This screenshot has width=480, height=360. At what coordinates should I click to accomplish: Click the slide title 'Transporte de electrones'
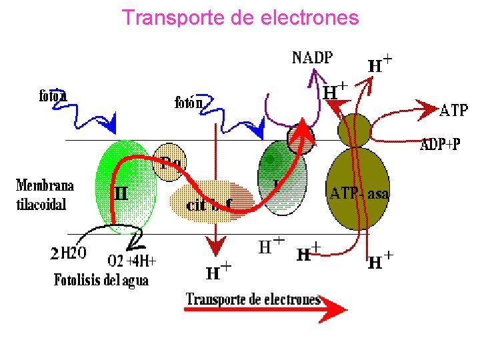(240, 18)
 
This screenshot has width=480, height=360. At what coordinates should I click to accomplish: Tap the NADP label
(312, 57)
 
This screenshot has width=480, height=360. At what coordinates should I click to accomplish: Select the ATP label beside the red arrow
(454, 111)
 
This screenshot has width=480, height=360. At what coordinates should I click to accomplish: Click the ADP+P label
(439, 144)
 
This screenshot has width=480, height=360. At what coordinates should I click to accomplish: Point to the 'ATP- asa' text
(359, 193)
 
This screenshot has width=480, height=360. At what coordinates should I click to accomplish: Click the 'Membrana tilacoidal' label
(43, 195)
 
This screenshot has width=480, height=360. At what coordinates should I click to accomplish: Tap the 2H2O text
(69, 253)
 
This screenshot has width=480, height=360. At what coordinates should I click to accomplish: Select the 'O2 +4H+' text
(132, 259)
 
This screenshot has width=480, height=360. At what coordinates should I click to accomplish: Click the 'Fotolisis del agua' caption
(101, 280)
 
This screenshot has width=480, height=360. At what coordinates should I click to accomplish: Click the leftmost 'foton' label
(53, 95)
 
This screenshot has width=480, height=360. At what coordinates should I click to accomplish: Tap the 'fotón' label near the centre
(188, 103)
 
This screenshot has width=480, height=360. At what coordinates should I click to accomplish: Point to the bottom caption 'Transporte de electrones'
(253, 299)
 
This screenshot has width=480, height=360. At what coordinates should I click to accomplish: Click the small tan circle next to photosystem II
(168, 161)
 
